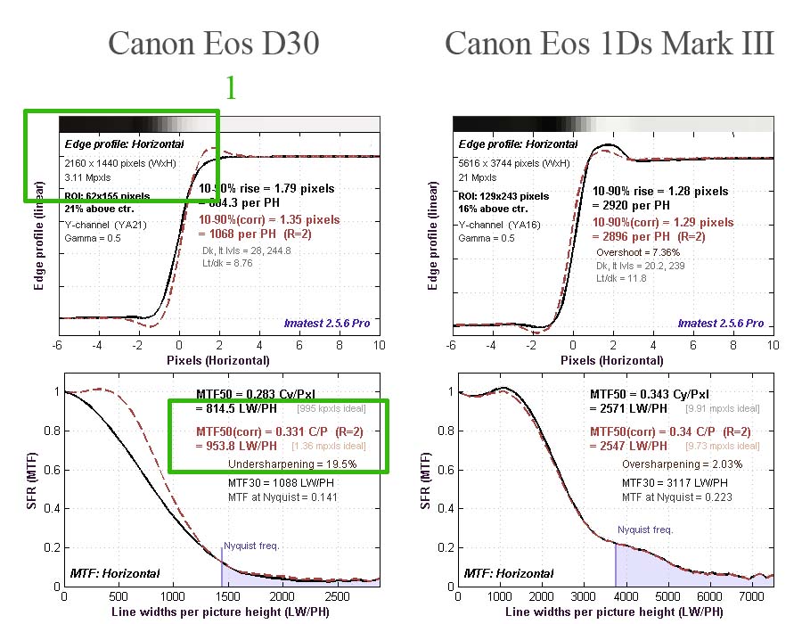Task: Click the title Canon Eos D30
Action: [213, 44]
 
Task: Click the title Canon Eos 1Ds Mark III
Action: [610, 44]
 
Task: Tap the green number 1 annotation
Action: [230, 87]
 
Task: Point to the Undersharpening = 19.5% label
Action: [280, 464]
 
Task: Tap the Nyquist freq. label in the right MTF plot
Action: [647, 530]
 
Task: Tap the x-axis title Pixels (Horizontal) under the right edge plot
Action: [613, 360]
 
